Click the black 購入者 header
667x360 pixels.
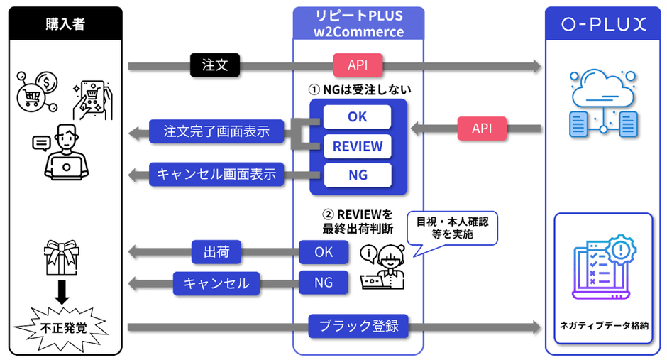[65, 23]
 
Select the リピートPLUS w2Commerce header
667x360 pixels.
[358, 23]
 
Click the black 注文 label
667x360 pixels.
[215, 65]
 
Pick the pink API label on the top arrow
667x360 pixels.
[358, 66]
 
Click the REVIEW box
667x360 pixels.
[358, 146]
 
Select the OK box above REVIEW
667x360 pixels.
[358, 116]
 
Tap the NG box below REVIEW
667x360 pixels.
[358, 175]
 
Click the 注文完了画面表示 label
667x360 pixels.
[216, 131]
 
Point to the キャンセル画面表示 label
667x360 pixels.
[216, 174]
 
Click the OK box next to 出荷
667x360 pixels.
[324, 251]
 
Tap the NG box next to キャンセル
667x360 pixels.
[324, 283]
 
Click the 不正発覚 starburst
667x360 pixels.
[62, 327]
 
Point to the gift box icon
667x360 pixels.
[62, 255]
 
